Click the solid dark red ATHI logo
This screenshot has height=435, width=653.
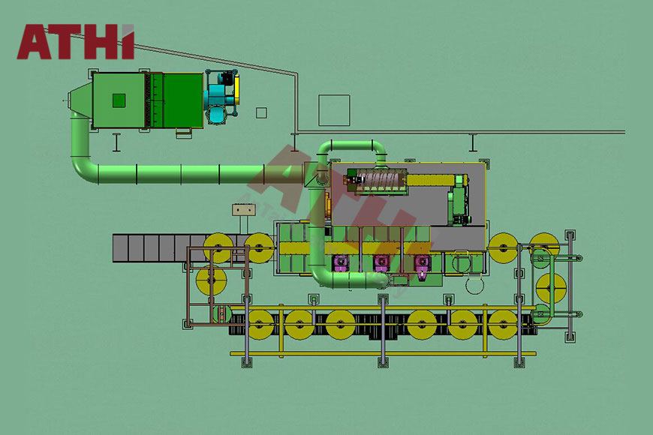coord(75,42)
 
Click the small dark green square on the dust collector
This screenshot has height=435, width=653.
coord(119,100)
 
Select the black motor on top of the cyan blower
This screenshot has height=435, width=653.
coord(227,78)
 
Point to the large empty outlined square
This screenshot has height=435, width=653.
coord(334,110)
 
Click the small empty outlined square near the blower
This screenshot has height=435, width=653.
coord(261,112)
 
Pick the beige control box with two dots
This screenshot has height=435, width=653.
coord(244,209)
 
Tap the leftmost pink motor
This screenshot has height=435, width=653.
coord(341,264)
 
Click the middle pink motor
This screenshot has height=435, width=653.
coord(381,264)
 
